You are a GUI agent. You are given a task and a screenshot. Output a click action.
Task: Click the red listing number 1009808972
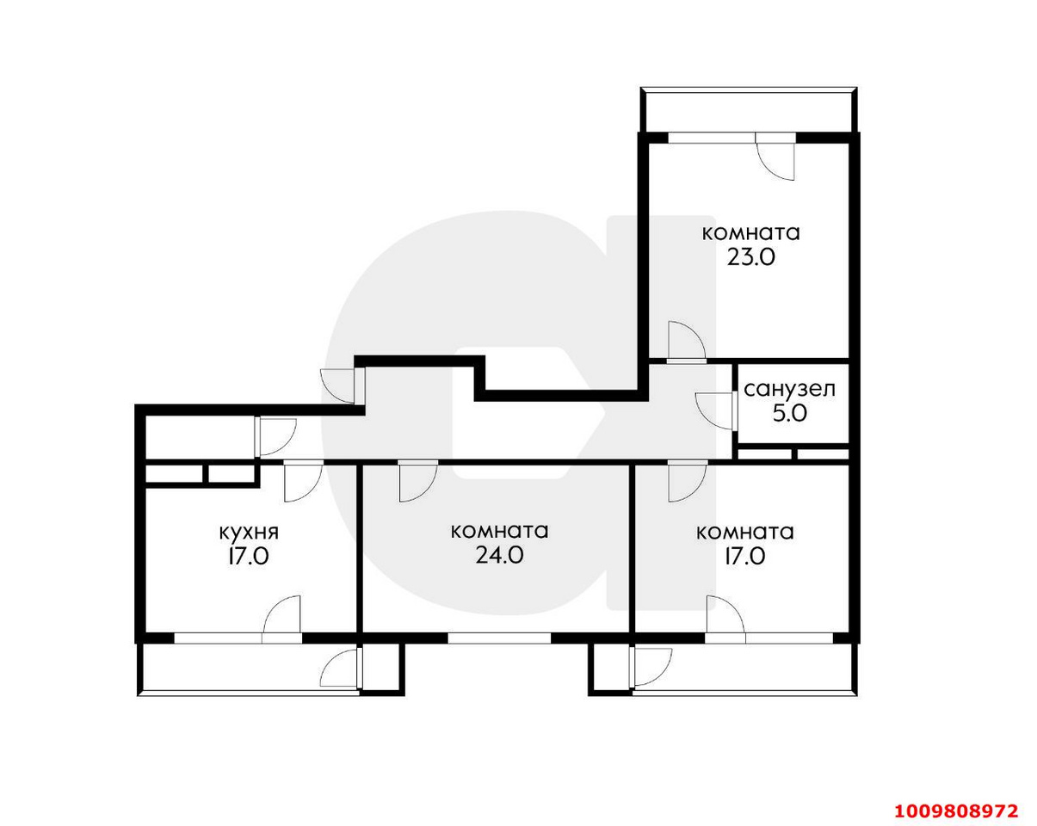coord(956,798)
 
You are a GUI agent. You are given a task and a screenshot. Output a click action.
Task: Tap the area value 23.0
coord(750,257)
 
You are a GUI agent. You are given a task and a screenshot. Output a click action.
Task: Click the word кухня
coord(249,533)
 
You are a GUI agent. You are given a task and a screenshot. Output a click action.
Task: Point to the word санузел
coord(789,390)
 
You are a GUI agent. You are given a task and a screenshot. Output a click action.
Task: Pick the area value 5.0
coord(790,414)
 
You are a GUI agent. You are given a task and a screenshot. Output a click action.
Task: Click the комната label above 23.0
coord(750,234)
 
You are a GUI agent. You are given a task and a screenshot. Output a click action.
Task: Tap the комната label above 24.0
coord(500,532)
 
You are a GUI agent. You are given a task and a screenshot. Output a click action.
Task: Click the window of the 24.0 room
coord(499,638)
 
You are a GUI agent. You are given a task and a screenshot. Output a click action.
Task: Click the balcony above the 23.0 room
coord(749,110)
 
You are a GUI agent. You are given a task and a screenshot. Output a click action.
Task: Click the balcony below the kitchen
coord(250,669)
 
